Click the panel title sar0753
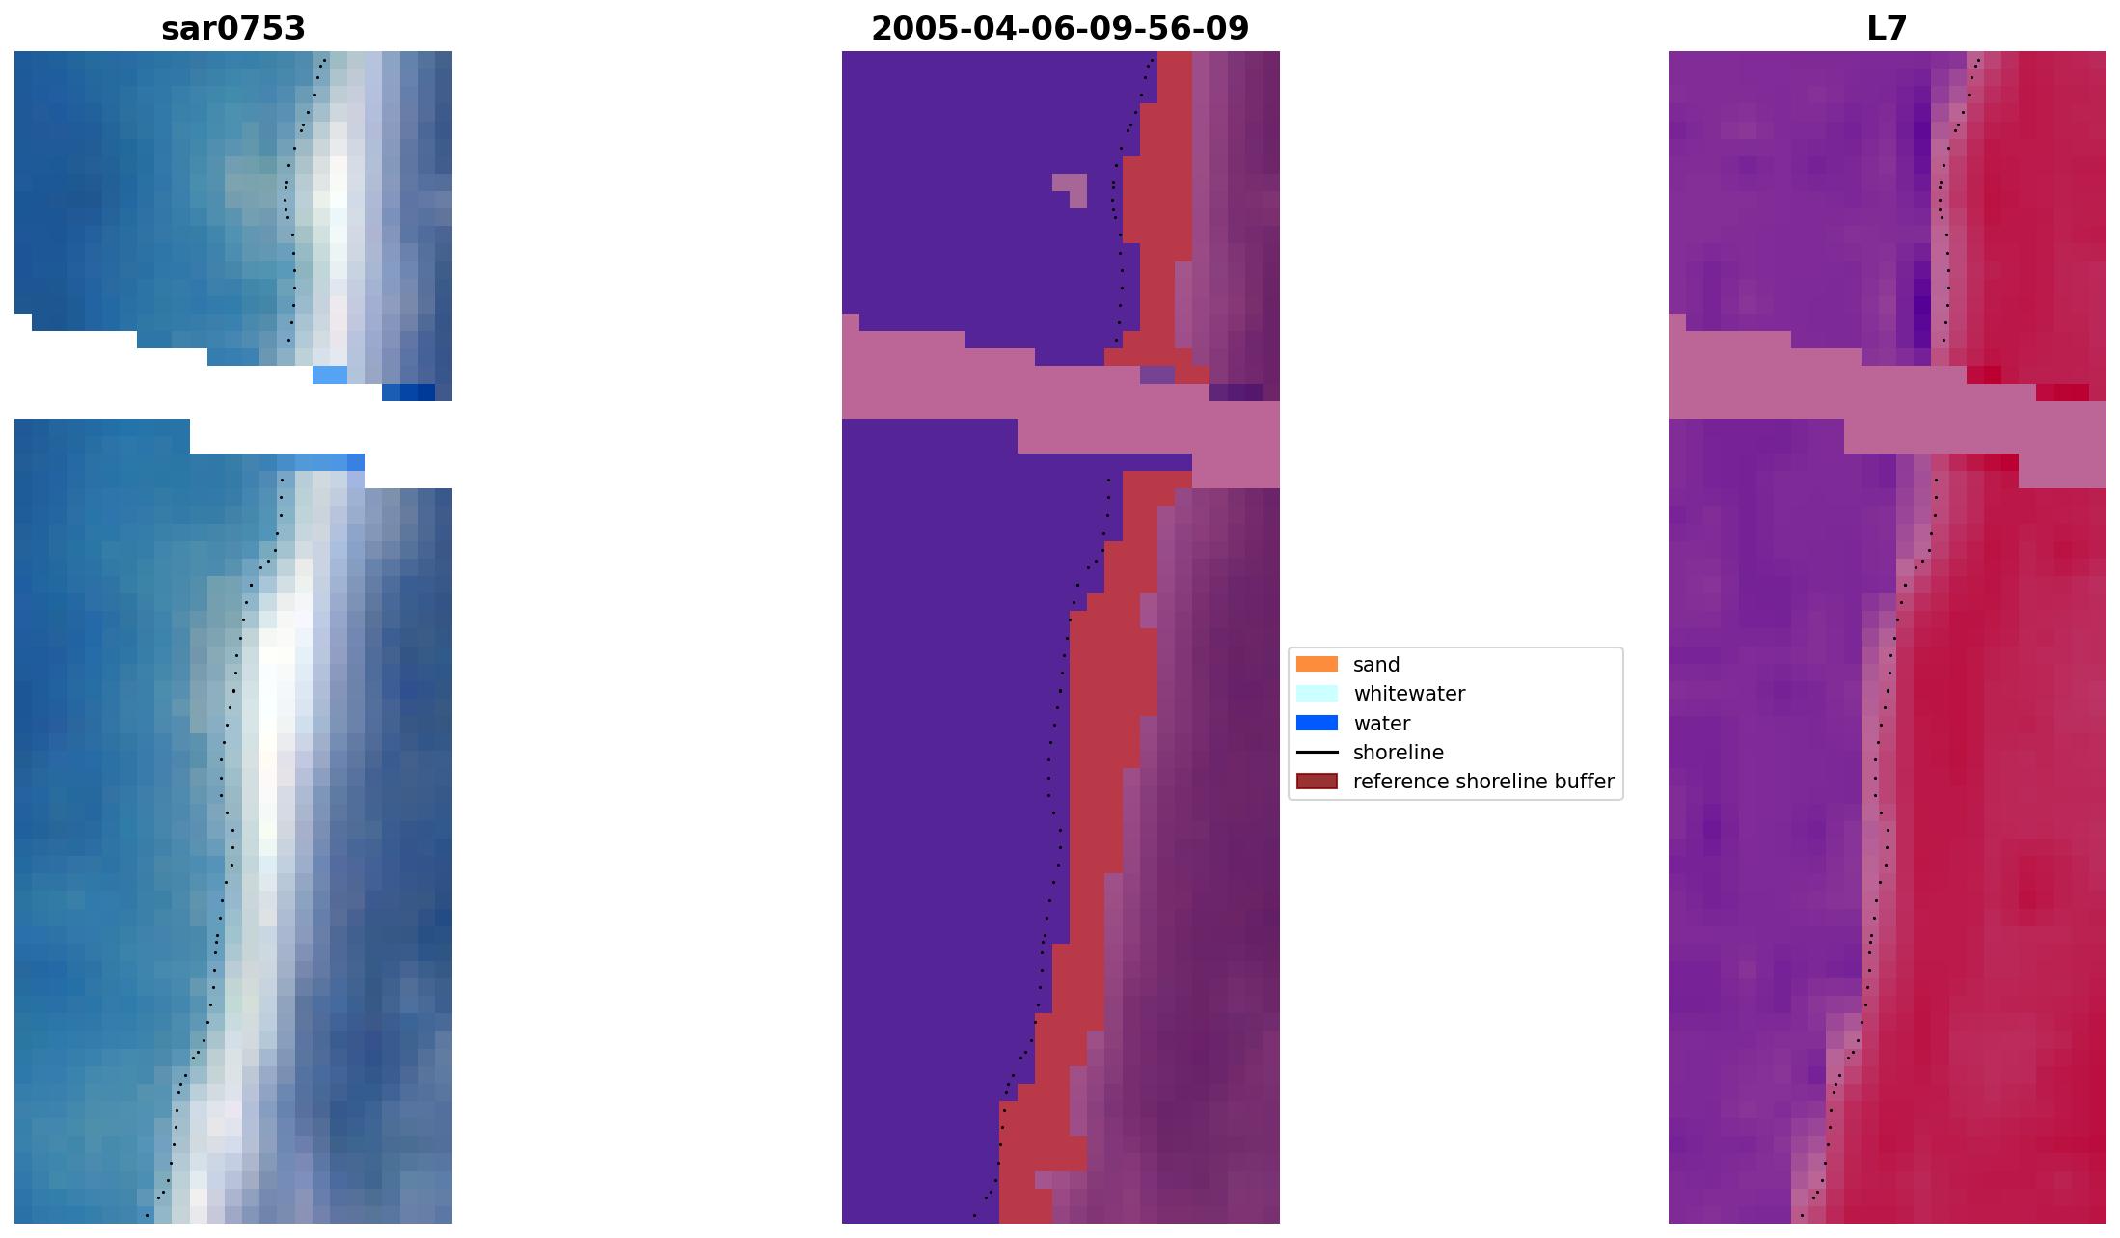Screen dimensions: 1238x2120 point(233,29)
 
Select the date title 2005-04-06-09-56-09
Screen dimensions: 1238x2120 point(1060,29)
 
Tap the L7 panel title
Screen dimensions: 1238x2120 point(1887,29)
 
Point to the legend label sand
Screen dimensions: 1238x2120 point(1376,665)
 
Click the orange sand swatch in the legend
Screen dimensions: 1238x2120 point(1317,665)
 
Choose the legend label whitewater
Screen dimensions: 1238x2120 point(1409,694)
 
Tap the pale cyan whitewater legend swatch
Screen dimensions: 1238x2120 point(1317,694)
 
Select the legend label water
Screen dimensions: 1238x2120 point(1381,724)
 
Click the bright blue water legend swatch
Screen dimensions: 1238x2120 point(1317,724)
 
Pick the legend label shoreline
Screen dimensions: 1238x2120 point(1398,753)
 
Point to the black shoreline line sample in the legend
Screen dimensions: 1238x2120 point(1317,753)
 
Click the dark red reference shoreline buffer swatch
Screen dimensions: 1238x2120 point(1317,782)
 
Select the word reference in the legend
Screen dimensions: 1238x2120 point(1400,782)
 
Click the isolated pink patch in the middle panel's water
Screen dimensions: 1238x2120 point(1072,186)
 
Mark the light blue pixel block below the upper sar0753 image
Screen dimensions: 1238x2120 point(330,374)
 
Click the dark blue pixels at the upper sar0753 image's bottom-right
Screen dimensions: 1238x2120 point(409,393)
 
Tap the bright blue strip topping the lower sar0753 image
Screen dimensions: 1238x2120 point(328,462)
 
